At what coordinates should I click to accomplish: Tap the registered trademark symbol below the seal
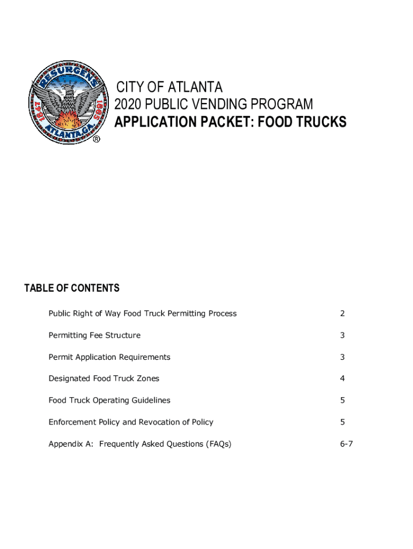pyautogui.click(x=97, y=139)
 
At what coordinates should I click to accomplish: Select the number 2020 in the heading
pyautogui.click(x=128, y=104)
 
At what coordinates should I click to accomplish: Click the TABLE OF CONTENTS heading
pyautogui.click(x=72, y=288)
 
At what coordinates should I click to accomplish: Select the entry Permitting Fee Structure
pyautogui.click(x=94, y=335)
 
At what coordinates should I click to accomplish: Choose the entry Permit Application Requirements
pyautogui.click(x=109, y=357)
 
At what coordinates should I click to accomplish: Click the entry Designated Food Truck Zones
pyautogui.click(x=104, y=379)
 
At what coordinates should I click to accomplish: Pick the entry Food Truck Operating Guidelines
pyautogui.click(x=109, y=400)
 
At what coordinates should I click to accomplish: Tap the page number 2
pyautogui.click(x=342, y=314)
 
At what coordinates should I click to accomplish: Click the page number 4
pyautogui.click(x=342, y=379)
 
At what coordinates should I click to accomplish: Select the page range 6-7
pyautogui.click(x=346, y=444)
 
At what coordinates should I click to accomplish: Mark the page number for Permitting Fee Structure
pyautogui.click(x=342, y=335)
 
